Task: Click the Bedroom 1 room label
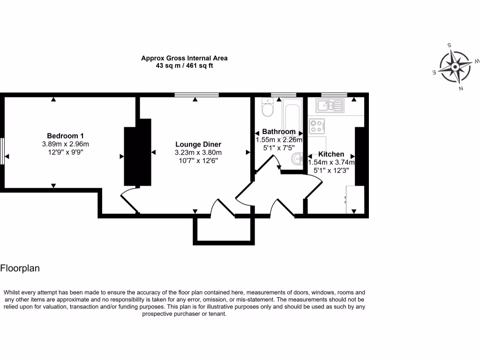point(65,136)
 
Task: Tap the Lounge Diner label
point(198,144)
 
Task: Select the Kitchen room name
point(331,154)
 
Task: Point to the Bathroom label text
point(279,132)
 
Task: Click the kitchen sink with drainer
point(330,106)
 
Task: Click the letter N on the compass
point(462,88)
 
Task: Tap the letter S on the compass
point(450,45)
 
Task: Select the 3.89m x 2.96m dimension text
point(65,144)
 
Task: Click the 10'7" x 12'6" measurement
point(198,160)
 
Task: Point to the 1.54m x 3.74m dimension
point(331,163)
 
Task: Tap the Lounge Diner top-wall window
point(196,95)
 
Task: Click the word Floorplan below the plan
point(20,269)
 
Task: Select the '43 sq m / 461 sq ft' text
point(185,66)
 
